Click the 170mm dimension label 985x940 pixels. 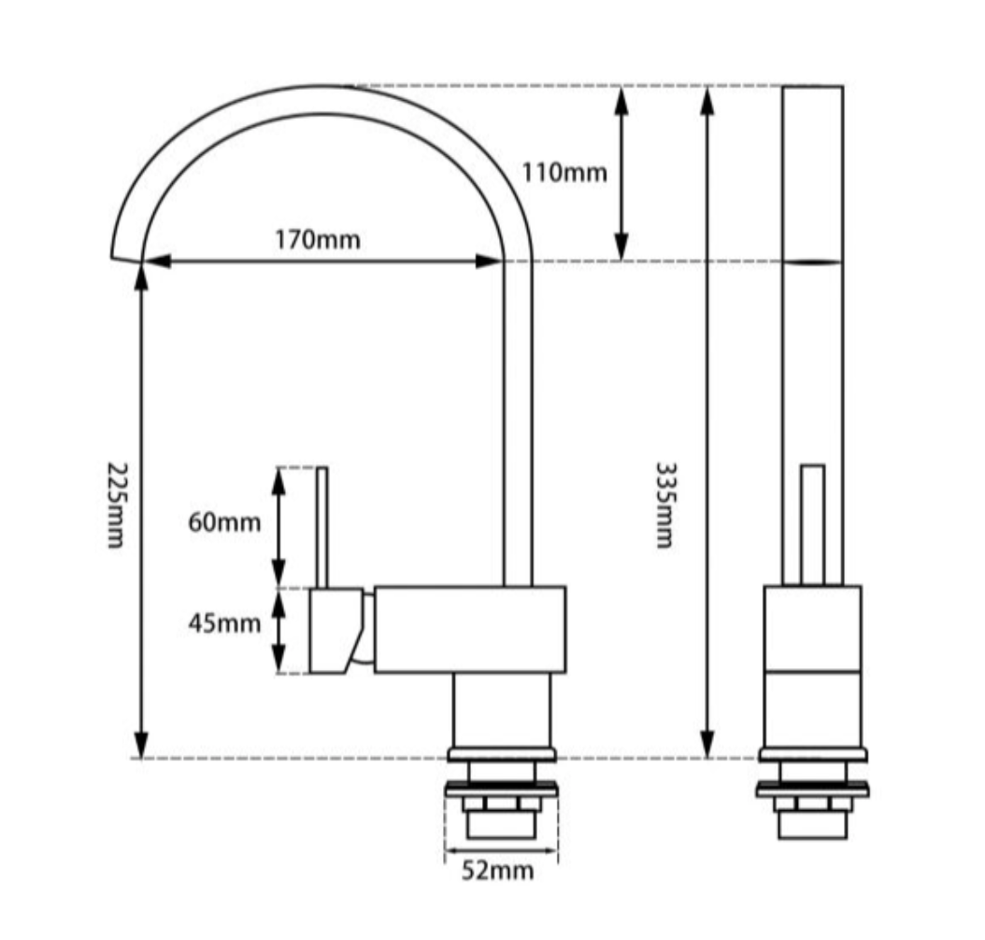[x=317, y=239]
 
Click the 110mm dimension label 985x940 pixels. [x=564, y=172]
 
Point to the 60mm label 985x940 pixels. [x=224, y=522]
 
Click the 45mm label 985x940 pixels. [x=224, y=623]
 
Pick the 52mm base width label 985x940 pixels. [x=498, y=871]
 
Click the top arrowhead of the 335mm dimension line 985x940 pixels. [x=707, y=98]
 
